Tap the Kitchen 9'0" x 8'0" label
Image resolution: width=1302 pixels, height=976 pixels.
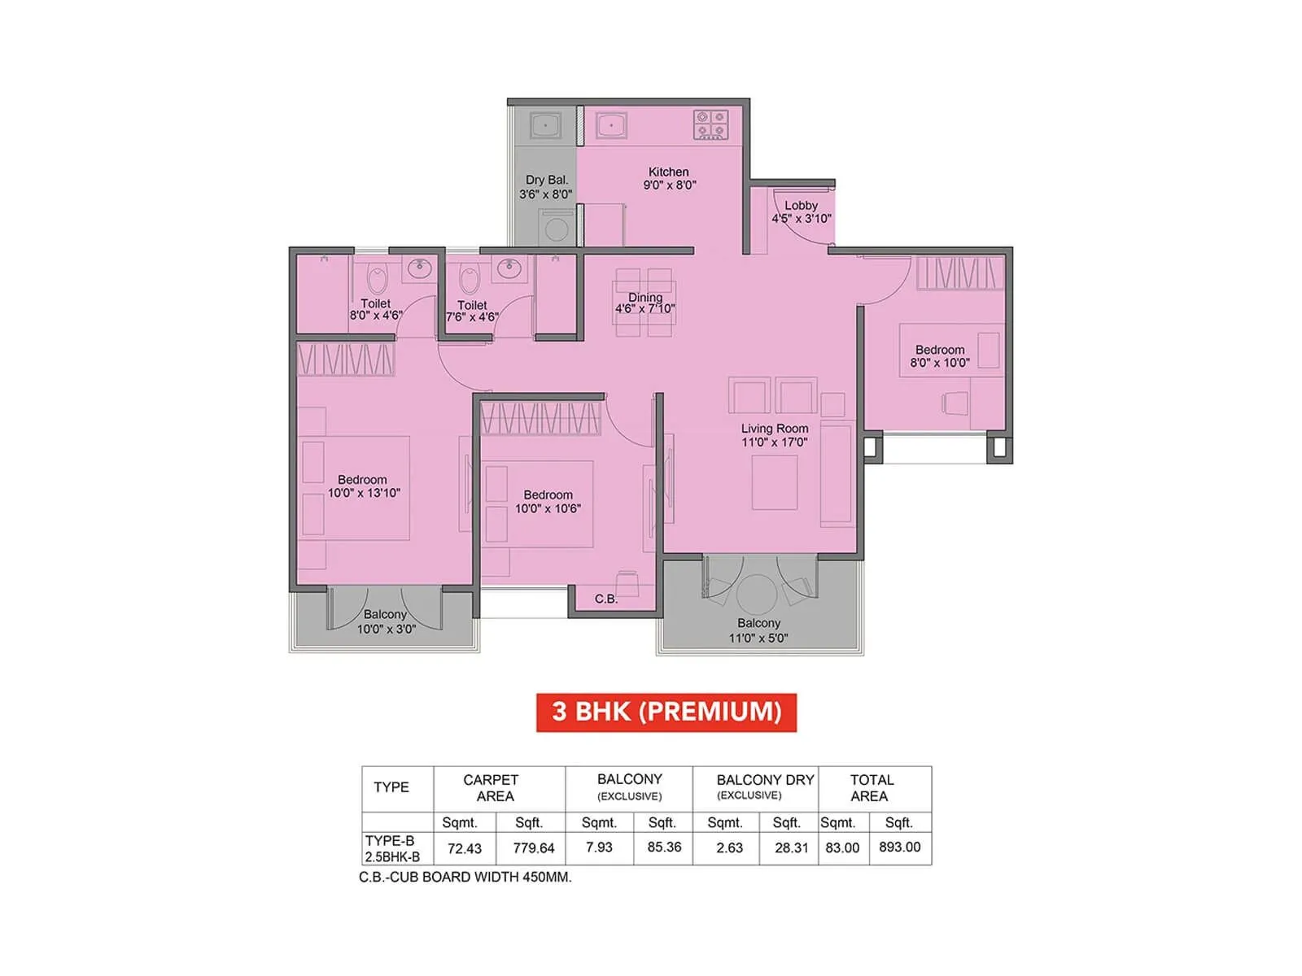669,178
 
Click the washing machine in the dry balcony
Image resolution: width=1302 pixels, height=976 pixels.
557,227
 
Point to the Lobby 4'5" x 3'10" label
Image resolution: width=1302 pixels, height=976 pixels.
802,211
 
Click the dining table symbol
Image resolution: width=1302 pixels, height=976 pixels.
644,303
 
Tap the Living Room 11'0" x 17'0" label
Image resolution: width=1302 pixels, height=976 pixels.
775,435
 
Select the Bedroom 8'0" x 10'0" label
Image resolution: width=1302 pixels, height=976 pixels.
940,356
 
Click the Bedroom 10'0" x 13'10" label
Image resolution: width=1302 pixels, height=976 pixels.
363,486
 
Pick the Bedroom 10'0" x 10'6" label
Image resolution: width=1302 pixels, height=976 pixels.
548,501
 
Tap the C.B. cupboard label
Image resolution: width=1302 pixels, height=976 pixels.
606,599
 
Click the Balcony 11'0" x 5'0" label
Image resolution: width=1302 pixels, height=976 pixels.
758,630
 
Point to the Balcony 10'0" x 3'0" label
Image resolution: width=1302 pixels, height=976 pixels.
385,621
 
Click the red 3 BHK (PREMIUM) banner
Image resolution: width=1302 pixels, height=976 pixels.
666,712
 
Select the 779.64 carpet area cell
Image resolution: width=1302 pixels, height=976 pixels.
533,847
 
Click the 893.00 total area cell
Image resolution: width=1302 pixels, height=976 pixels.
899,847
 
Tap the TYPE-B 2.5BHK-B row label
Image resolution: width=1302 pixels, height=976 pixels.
393,848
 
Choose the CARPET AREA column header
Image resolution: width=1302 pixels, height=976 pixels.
492,787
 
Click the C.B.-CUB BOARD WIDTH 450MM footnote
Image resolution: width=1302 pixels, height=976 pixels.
465,877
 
